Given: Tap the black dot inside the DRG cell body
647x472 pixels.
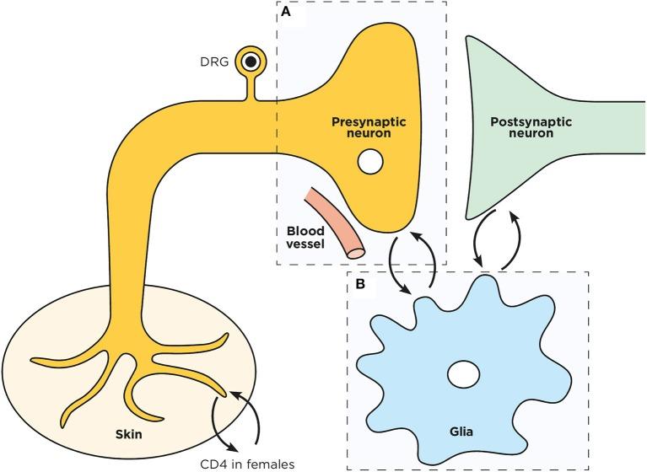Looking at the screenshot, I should tap(251, 61).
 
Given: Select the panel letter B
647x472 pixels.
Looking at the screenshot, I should tap(359, 284).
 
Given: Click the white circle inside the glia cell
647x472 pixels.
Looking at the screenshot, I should tap(462, 373).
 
